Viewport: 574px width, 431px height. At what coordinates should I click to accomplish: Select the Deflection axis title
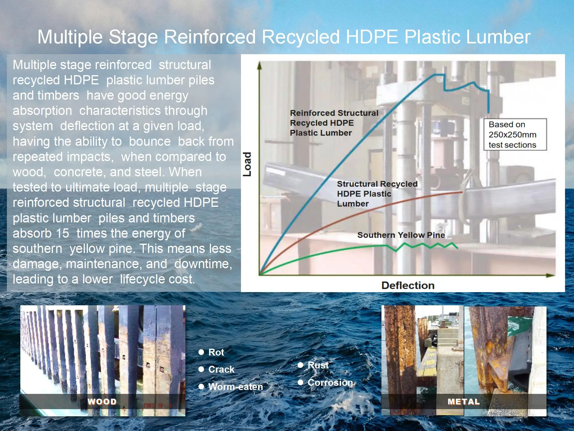coord(408,285)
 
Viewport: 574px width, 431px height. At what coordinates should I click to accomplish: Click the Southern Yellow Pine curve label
coord(401,235)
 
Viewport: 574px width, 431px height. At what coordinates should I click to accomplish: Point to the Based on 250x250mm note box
coord(515,134)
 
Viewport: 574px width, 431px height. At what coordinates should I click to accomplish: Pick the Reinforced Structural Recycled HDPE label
coord(334,123)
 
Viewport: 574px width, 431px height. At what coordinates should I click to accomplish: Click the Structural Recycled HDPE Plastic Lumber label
coord(377,194)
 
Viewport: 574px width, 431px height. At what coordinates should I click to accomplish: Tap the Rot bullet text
coord(216,352)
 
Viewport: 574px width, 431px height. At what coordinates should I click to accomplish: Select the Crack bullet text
coord(221,369)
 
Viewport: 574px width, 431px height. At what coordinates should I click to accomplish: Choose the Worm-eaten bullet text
coord(236,387)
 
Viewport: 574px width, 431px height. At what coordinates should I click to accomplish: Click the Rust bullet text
coord(318,365)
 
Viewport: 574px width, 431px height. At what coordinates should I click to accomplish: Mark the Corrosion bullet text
coord(330,383)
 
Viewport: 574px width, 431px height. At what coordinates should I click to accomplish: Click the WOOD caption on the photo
coord(102,402)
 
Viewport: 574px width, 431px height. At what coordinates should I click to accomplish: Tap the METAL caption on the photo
coord(463,402)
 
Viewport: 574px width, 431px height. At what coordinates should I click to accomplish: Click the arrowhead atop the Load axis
coord(259,65)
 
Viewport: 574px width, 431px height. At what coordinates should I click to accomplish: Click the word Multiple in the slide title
coord(70,37)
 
